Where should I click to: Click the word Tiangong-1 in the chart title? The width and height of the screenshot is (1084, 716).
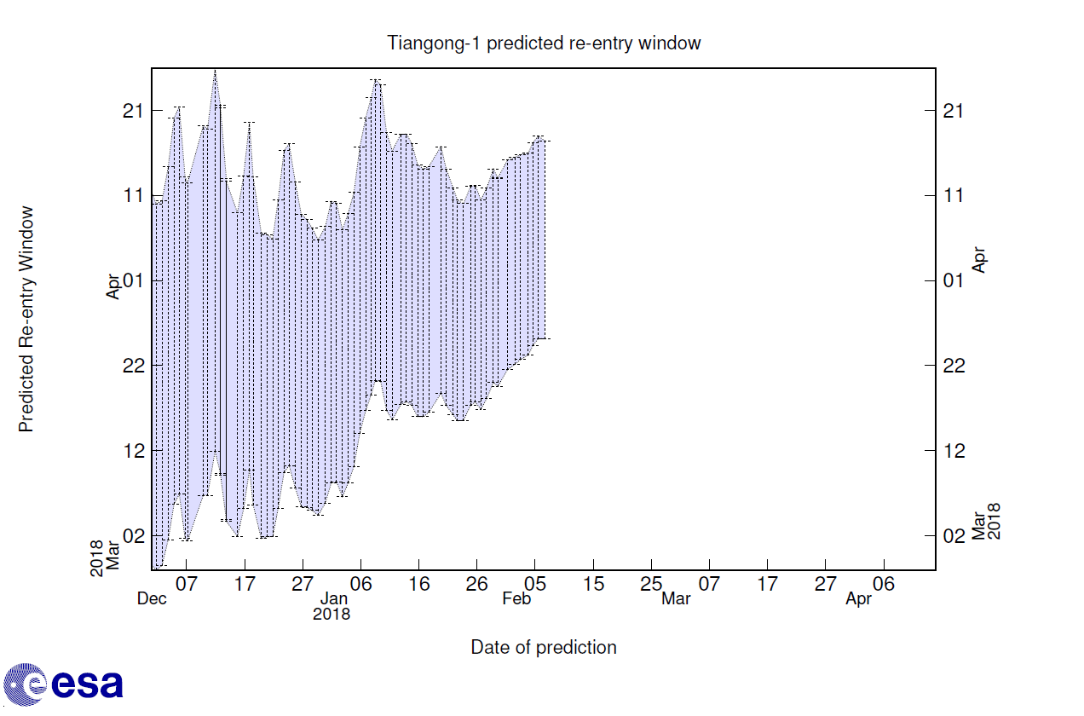[x=431, y=43]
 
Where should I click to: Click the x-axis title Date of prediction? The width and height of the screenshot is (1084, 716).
[x=544, y=648]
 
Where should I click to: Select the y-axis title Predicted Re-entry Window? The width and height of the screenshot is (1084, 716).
[x=26, y=319]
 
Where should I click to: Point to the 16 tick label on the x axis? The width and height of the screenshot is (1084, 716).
[x=418, y=585]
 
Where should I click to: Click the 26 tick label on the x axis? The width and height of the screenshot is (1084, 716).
[x=476, y=585]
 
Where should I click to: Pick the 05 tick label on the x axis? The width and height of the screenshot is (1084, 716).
[x=534, y=585]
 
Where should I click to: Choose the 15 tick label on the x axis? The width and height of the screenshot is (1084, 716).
[x=593, y=585]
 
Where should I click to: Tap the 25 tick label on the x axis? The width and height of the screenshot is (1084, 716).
[x=651, y=585]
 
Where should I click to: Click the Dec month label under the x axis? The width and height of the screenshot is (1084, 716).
[x=152, y=599]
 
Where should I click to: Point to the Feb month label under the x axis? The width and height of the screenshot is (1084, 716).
[x=517, y=599]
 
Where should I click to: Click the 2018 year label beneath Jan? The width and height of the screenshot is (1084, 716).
[x=332, y=614]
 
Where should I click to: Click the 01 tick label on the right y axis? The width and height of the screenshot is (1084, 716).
[x=954, y=280]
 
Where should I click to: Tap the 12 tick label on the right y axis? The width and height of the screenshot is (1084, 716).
[x=954, y=450]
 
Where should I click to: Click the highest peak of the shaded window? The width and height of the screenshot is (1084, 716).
[x=215, y=72]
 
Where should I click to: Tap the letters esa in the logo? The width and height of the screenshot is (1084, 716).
[x=87, y=684]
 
